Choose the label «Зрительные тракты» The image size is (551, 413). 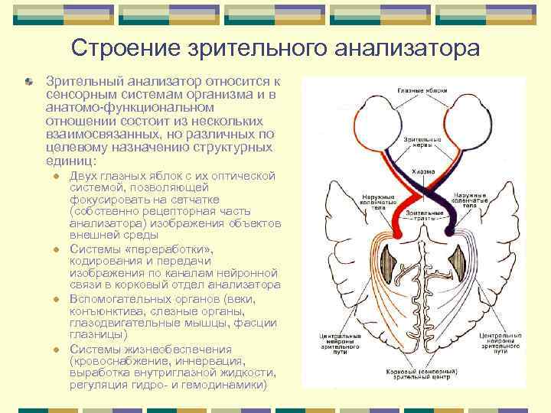pyautogui.click(x=422, y=215)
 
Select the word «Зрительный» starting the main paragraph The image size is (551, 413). pyautogui.click(x=80, y=81)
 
